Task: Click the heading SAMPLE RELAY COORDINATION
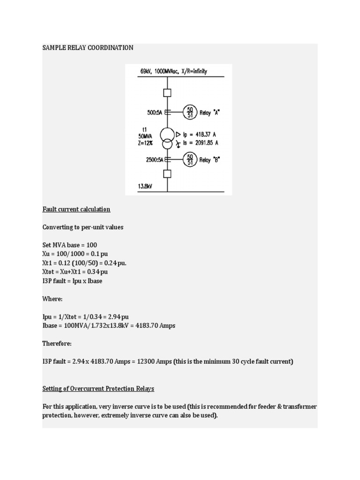(x=88, y=48)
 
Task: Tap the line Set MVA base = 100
(x=70, y=245)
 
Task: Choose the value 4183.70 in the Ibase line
(x=147, y=325)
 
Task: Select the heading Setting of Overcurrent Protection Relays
(x=98, y=389)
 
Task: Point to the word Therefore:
(x=57, y=344)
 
